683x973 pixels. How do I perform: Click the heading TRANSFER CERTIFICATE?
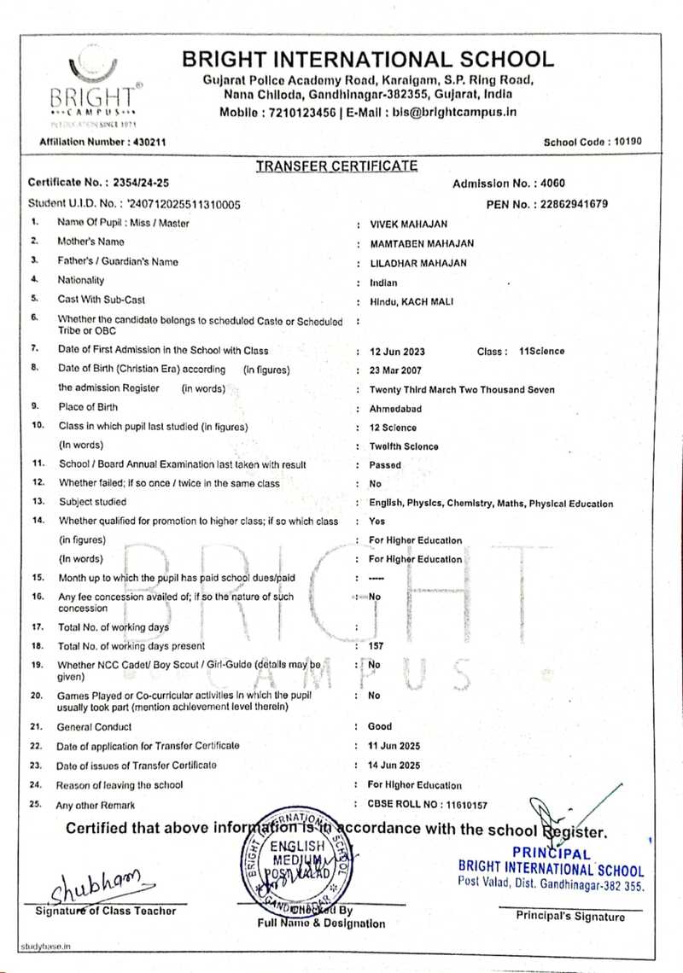pyautogui.click(x=336, y=166)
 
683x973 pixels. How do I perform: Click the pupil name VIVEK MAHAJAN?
pyautogui.click(x=408, y=224)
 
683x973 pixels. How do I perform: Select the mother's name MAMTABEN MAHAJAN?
pyautogui.click(x=421, y=243)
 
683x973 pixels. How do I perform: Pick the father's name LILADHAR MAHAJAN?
pyautogui.click(x=417, y=263)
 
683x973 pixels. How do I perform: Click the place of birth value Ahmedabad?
pyautogui.click(x=395, y=409)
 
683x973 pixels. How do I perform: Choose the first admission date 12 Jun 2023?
pyautogui.click(x=397, y=351)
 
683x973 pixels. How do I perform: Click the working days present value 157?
pyautogui.click(x=376, y=646)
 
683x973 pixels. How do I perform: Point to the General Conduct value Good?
pyautogui.click(x=380, y=726)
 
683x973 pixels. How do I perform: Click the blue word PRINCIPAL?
pyautogui.click(x=552, y=853)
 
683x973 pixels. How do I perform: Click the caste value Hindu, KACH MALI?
pyautogui.click(x=412, y=301)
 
